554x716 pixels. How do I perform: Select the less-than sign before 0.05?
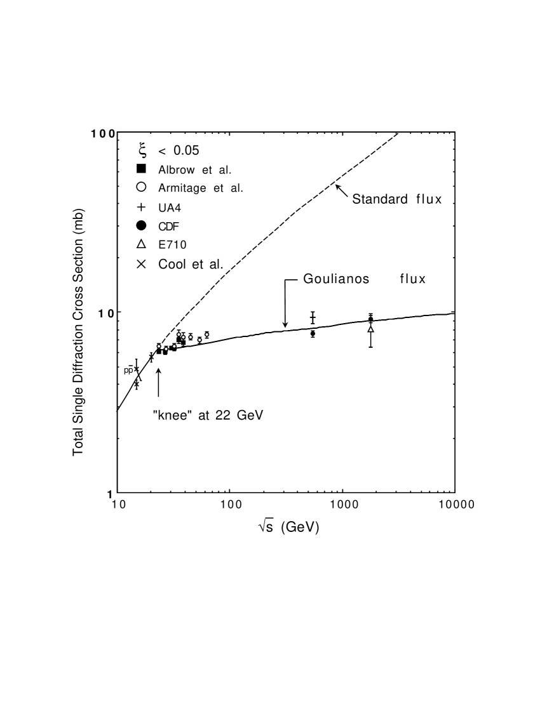click(x=163, y=151)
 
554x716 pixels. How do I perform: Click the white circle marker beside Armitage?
click(x=142, y=187)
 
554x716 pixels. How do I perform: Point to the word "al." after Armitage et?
click(x=235, y=188)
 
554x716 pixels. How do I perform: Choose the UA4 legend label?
click(x=170, y=208)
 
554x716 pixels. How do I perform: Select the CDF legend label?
click(x=170, y=226)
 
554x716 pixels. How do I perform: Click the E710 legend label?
click(x=173, y=245)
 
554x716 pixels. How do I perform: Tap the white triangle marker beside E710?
click(x=142, y=244)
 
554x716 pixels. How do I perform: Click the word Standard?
click(x=379, y=199)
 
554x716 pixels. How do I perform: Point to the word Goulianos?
click(x=336, y=279)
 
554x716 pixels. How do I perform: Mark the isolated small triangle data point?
click(x=370, y=329)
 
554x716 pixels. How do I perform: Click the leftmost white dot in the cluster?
click(x=159, y=347)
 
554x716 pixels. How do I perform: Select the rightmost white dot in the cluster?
click(x=207, y=335)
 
